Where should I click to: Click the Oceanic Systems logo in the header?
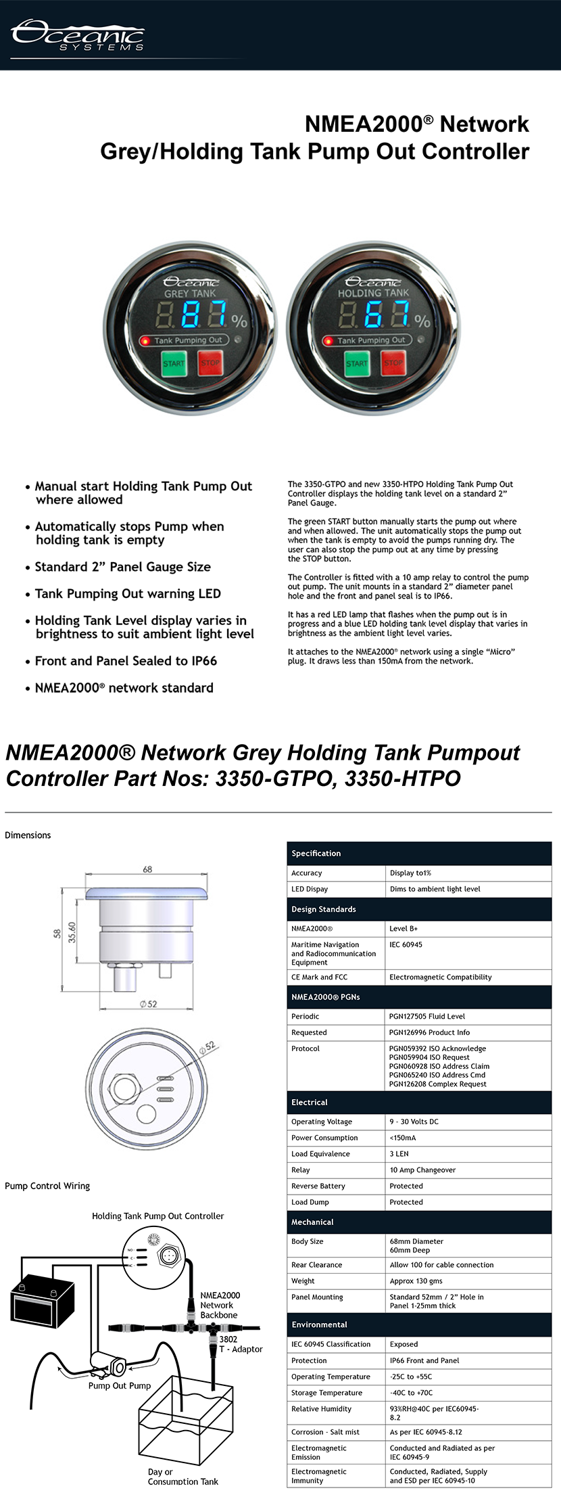point(78,35)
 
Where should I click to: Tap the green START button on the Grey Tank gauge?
point(174,363)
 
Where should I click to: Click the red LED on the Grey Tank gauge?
point(145,340)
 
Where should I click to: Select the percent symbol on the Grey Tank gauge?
point(239,321)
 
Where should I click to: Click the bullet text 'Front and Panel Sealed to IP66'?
point(126,661)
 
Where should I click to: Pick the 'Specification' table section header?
point(316,853)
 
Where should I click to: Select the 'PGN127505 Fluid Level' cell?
point(427,1016)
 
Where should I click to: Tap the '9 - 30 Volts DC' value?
point(414,1122)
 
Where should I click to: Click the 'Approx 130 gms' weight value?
point(416,1281)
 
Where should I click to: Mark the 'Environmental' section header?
point(319,1324)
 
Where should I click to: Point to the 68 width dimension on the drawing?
point(147,869)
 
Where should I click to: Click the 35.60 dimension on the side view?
point(72,932)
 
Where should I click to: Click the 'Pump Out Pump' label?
point(120,1385)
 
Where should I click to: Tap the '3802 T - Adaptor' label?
point(240,1344)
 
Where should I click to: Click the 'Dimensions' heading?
point(28,835)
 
